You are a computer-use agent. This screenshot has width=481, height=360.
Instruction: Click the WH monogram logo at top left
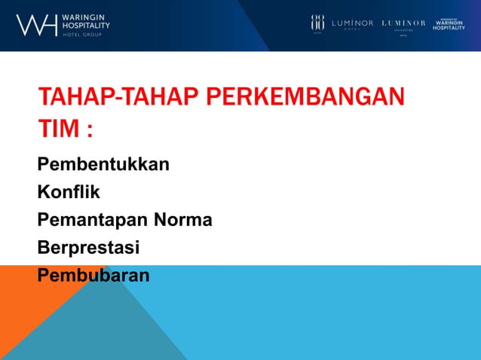pos(36,25)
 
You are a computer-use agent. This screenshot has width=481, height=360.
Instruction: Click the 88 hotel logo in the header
pos(317,23)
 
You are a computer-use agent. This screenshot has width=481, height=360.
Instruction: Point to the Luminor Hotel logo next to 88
pos(352,23)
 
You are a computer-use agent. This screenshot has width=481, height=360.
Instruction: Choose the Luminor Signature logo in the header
pos(403,25)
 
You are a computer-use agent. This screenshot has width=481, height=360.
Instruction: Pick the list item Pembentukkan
pos(103,164)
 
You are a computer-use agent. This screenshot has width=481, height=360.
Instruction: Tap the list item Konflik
pos(69,192)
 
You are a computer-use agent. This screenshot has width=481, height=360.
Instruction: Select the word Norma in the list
pos(183,220)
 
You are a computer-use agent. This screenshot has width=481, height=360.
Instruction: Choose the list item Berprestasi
pos(88,248)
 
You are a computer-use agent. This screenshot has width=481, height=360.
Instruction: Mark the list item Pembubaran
pos(93,275)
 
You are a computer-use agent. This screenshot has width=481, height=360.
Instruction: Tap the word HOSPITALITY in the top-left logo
pos(85,25)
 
